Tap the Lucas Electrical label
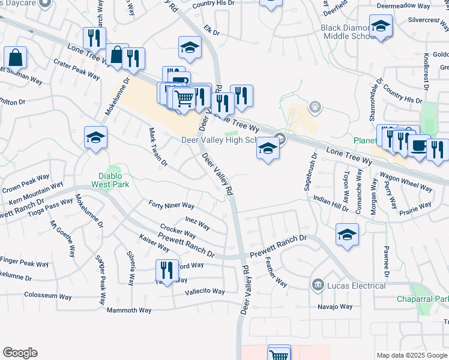pyautogui.click(x=356, y=286)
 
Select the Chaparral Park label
pyautogui.click(x=423, y=299)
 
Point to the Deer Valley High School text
pyautogui.click(x=218, y=139)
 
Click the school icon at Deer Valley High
pyautogui.click(x=268, y=149)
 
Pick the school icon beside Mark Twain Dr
pyautogui.click(x=95, y=139)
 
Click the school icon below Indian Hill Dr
pyautogui.click(x=347, y=236)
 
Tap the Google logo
pyautogui.click(x=20, y=353)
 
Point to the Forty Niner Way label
pyautogui.click(x=171, y=205)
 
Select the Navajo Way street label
pyautogui.click(x=335, y=307)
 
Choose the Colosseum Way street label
pyautogui.click(x=49, y=295)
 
